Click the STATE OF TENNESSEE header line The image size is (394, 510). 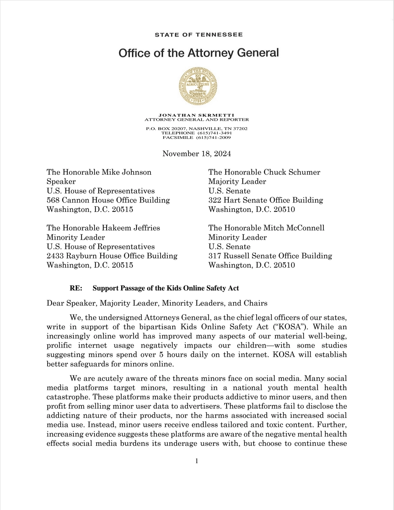(x=199, y=34)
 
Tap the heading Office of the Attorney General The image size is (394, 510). (x=199, y=53)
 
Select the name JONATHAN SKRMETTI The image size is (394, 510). (x=197, y=115)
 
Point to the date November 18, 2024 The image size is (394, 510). (x=197, y=154)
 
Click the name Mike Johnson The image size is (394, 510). (x=126, y=172)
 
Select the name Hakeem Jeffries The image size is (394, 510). (x=131, y=228)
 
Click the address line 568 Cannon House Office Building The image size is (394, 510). (x=108, y=200)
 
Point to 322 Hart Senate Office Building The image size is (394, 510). (x=266, y=200)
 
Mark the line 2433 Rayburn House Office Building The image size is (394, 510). (x=112, y=256)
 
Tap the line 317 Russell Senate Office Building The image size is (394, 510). (x=270, y=256)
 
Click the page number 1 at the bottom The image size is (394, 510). (x=197, y=461)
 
